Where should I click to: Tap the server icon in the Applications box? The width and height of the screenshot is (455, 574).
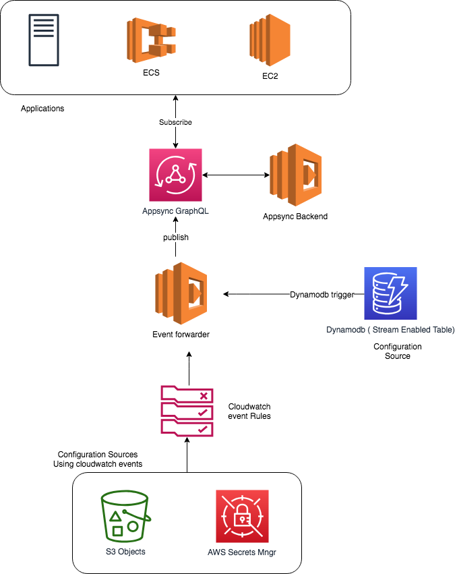tap(43, 40)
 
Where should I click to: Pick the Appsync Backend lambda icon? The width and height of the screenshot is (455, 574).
tap(295, 175)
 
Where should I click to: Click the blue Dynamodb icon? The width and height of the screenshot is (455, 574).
tap(390, 293)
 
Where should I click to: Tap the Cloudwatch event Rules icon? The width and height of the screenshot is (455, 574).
tap(187, 410)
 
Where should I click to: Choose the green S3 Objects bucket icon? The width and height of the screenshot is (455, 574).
tap(125, 516)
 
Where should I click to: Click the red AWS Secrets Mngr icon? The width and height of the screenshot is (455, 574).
tap(242, 516)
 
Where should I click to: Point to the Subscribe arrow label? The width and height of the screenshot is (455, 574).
tap(175, 123)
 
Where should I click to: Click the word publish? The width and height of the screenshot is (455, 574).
tap(175, 237)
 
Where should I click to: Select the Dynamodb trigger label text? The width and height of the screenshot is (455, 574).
tap(322, 295)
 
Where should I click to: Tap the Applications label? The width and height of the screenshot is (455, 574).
tap(42, 109)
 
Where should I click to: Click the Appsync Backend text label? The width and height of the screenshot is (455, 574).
tap(295, 217)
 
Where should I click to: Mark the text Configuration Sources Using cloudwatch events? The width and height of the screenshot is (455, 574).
tap(98, 459)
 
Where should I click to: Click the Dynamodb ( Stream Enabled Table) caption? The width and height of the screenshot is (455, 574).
tap(390, 330)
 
